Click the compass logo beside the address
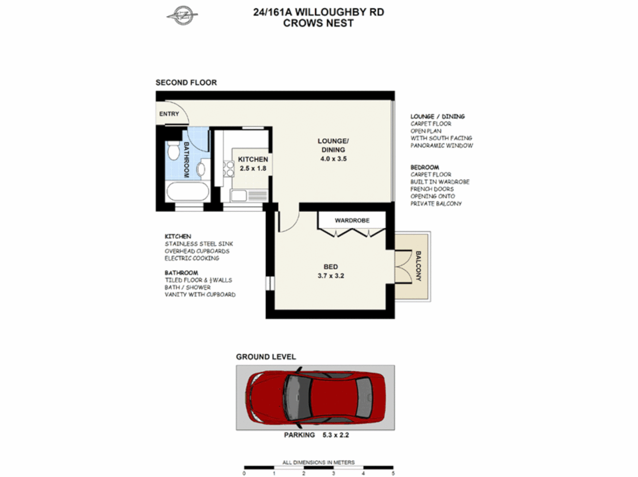tap(182, 16)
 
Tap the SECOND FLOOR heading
tap(186, 83)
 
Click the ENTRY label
tap(169, 114)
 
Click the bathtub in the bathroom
tap(187, 192)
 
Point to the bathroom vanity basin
tap(201, 169)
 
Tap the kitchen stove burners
tap(228, 169)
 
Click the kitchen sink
tap(239, 195)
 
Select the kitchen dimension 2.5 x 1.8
tap(253, 168)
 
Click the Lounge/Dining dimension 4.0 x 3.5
tap(333, 159)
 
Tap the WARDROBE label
tap(352, 220)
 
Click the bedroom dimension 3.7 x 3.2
tap(330, 276)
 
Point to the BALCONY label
tap(418, 266)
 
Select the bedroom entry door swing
tap(287, 223)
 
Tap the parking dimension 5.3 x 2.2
tap(335, 435)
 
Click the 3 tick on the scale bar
tap(334, 473)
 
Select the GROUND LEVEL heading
tap(266, 357)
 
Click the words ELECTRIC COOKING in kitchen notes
tap(192, 258)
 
